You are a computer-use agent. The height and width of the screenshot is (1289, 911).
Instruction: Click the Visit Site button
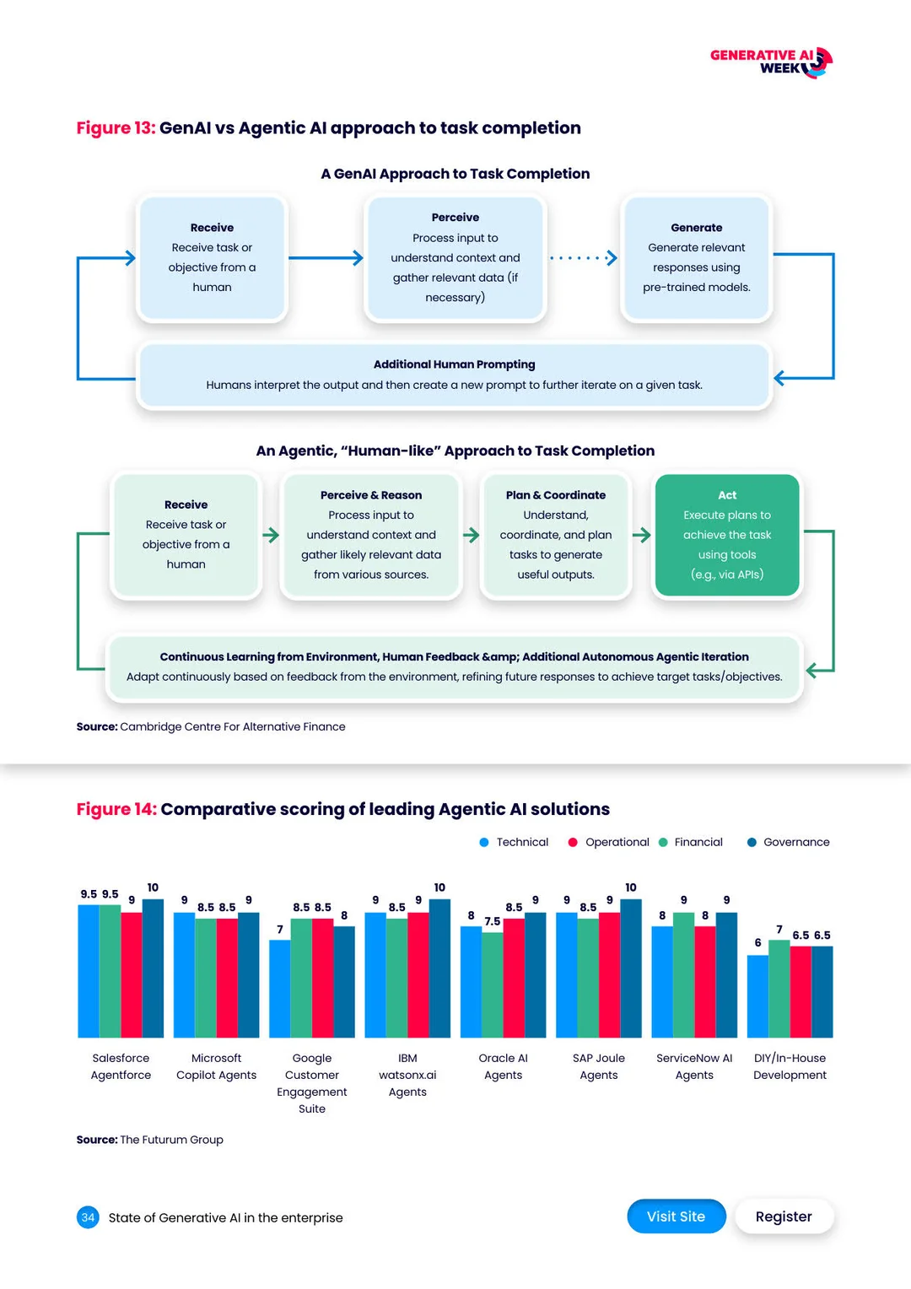(676, 1216)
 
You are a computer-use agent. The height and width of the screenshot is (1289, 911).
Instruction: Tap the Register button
(784, 1216)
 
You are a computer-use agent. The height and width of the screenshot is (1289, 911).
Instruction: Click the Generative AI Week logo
(771, 62)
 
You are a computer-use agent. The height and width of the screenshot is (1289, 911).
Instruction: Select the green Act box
(727, 535)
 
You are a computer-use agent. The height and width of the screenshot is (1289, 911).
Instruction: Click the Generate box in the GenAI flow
(696, 258)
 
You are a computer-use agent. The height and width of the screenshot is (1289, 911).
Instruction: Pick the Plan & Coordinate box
(556, 535)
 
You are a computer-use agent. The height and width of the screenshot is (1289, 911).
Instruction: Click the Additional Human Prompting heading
(454, 364)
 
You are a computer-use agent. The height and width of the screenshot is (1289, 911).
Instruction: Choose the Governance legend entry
(789, 842)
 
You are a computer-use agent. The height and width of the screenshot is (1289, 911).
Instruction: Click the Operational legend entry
(609, 842)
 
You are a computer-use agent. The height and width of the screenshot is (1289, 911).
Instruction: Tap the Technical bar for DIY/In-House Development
(757, 996)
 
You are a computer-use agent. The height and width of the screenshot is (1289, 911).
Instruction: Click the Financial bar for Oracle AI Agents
(492, 984)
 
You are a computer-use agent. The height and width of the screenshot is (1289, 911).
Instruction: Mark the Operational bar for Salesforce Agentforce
(132, 974)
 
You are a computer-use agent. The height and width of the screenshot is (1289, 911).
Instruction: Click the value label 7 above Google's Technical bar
(280, 929)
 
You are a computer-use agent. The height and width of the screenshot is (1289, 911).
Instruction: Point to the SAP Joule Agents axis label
(599, 1066)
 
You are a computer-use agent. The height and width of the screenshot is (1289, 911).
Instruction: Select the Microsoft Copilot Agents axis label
(217, 1066)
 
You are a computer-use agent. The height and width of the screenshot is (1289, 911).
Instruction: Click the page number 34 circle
(88, 1217)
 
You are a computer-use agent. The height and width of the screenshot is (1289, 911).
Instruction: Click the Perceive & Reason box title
(371, 495)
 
